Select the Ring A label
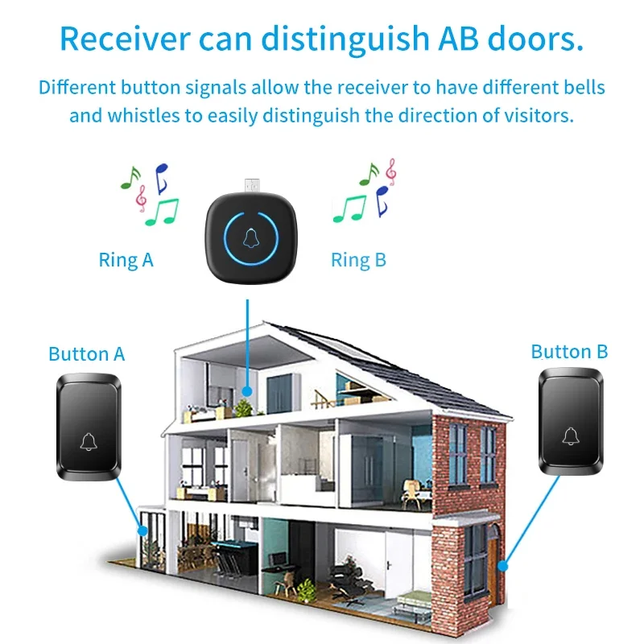pos(126,259)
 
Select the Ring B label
pos(358,259)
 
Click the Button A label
pos(87,353)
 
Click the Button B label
pos(569,352)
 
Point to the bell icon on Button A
pos(88,440)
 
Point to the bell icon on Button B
pos(570,436)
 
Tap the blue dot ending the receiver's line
pos(248,391)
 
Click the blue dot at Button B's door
pos(503,566)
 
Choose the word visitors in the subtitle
pos(535,115)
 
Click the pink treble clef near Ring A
pos(142,197)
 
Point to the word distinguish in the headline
pos(366,38)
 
